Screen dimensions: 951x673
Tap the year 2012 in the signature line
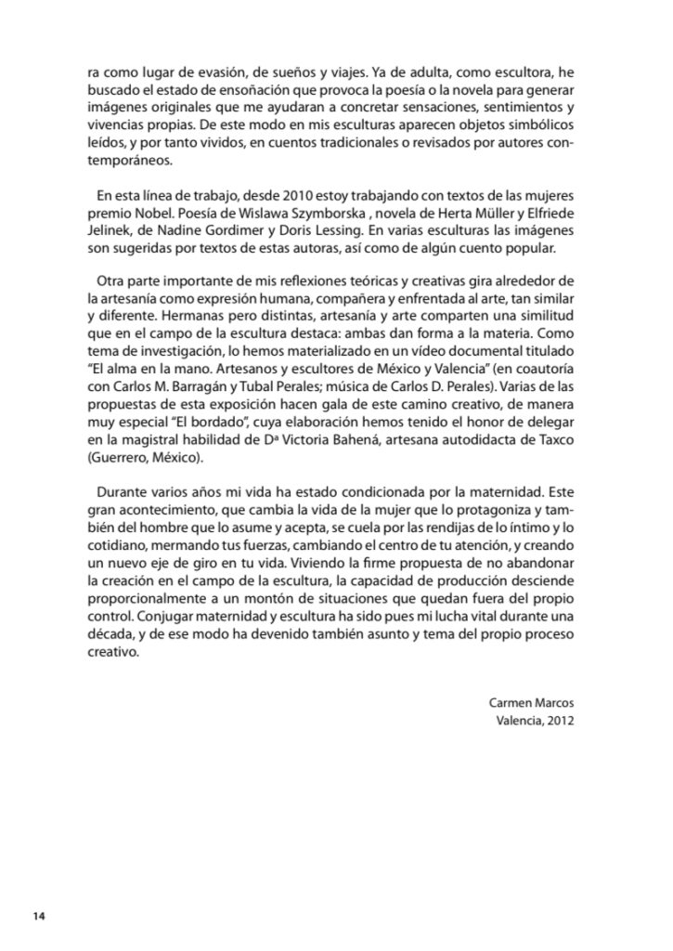click(557, 720)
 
